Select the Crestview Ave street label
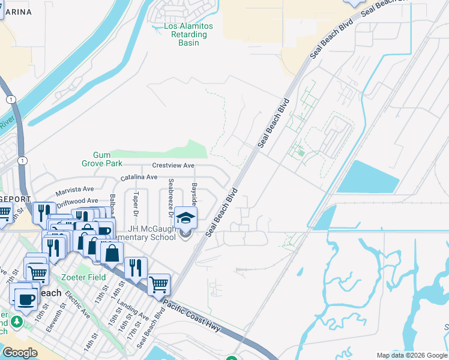pyautogui.click(x=173, y=166)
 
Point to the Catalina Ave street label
pyautogui.click(x=139, y=178)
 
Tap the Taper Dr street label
pyautogui.click(x=136, y=205)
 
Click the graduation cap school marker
pyautogui.click(x=185, y=219)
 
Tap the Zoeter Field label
pyautogui.click(x=83, y=277)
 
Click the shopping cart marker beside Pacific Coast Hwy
pyautogui.click(x=158, y=285)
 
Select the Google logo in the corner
pyautogui.click(x=20, y=353)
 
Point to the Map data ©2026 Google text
pyautogui.click(x=411, y=355)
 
